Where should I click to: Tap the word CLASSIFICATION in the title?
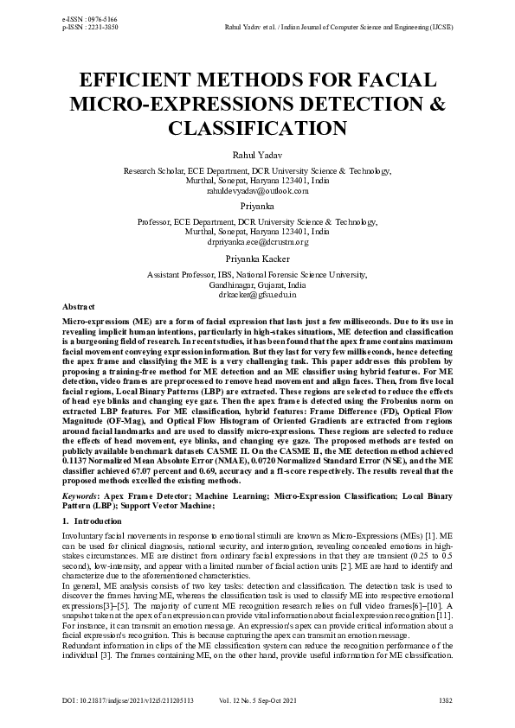[257, 129]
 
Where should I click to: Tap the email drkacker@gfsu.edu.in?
[257, 295]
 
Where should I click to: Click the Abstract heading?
[79, 307]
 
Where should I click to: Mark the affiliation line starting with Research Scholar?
[257, 172]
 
